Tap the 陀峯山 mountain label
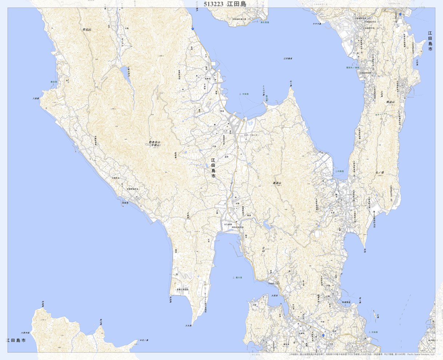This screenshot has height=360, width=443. [87, 29]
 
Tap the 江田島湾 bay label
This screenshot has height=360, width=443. [288, 58]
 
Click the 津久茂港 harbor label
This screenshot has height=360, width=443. [264, 23]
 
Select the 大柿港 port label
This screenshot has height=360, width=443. [374, 332]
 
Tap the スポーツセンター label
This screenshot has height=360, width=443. [251, 135]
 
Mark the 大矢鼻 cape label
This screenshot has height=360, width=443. [188, 325]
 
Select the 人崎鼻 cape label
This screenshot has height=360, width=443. [35, 98]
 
